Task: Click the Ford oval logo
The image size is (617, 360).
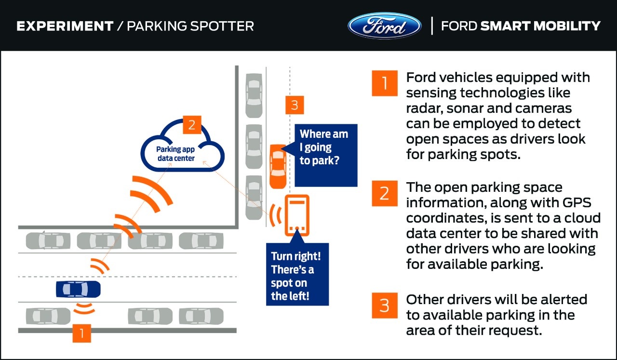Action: click(x=384, y=26)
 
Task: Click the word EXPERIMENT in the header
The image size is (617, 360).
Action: click(x=64, y=26)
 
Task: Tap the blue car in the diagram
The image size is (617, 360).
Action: click(x=78, y=289)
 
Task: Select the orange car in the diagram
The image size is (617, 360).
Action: click(x=278, y=166)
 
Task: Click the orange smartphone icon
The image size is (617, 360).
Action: click(x=297, y=215)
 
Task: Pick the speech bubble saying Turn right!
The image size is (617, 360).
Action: click(x=296, y=275)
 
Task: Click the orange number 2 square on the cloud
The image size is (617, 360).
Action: click(x=192, y=125)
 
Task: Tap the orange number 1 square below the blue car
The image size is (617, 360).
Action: click(x=82, y=333)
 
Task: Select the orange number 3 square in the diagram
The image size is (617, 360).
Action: click(x=295, y=105)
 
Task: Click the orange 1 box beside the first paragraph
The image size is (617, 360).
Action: click(x=384, y=83)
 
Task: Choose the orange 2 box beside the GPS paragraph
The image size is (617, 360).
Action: click(x=384, y=193)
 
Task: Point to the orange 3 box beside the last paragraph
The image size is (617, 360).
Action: click(x=384, y=306)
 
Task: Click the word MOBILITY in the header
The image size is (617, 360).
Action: click(x=569, y=26)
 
